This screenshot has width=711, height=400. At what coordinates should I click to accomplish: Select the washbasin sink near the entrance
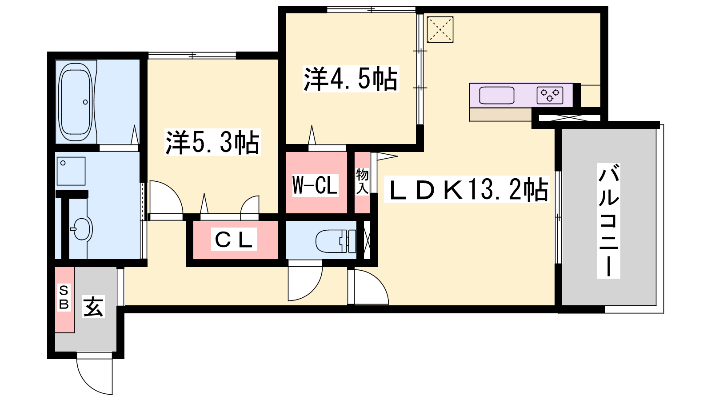pos(81,228)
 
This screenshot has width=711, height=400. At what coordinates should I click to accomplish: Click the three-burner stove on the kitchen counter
pos(550,95)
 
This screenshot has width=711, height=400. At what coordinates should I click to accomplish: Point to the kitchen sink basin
pos(497,95)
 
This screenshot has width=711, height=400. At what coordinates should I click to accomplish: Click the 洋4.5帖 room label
pos(351,78)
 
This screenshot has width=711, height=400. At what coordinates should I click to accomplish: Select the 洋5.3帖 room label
pos(212,142)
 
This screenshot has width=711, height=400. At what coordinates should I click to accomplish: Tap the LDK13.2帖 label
pos(467,189)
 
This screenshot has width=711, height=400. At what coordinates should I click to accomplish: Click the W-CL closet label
pos(315,185)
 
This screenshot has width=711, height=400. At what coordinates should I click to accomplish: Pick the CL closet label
pos(234,239)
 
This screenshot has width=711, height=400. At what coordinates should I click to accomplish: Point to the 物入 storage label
pos(362,181)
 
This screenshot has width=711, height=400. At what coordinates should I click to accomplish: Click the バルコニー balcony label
pos(608,221)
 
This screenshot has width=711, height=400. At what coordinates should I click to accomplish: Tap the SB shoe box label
pos(64,297)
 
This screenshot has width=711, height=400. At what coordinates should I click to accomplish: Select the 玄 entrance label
pos(93,307)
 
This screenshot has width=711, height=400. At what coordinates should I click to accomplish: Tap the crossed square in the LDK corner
pos(440,29)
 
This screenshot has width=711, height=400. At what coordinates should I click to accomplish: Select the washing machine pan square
pos(71,171)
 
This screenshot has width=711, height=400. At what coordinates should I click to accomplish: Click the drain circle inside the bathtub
pos(85,102)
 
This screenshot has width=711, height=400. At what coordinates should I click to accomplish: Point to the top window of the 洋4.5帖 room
pos(371,10)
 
